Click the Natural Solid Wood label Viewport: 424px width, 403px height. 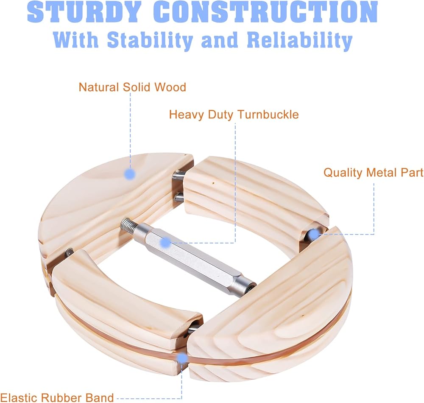(x=132, y=87)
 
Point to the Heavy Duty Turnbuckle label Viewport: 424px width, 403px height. (x=234, y=115)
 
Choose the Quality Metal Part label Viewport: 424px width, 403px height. (x=373, y=173)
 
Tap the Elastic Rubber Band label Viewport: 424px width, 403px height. (x=57, y=397)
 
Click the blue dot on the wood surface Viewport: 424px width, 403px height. (x=130, y=174)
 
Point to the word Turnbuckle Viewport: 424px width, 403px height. (x=268, y=115)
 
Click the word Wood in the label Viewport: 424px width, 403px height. (x=170, y=87)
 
